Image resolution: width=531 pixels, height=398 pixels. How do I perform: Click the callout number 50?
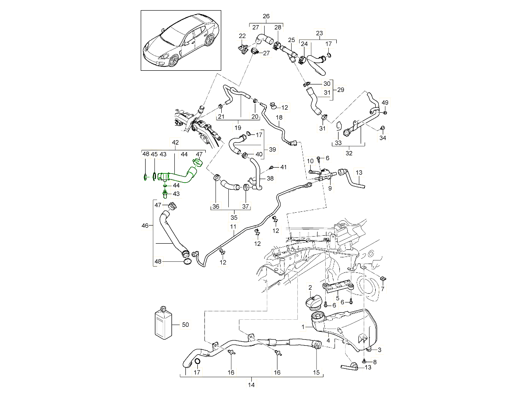tap(185, 325)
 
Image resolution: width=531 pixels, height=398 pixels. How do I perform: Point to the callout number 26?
tap(266, 17)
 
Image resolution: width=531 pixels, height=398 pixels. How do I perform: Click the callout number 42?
tap(175, 142)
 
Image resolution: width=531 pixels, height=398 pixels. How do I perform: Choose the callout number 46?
tap(144, 226)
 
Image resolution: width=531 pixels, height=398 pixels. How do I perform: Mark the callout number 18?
tap(279, 117)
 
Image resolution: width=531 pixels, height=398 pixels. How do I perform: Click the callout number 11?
tap(231, 227)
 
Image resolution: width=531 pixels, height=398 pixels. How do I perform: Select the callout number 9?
tap(330, 188)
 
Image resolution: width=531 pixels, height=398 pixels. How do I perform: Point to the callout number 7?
tap(383, 288)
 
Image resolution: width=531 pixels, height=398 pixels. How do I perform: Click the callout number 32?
tap(349, 154)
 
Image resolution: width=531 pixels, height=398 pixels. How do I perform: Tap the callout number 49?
tap(385, 103)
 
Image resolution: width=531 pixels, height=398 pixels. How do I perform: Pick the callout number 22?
tap(242, 36)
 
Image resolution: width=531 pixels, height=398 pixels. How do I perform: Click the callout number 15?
tap(316, 373)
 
